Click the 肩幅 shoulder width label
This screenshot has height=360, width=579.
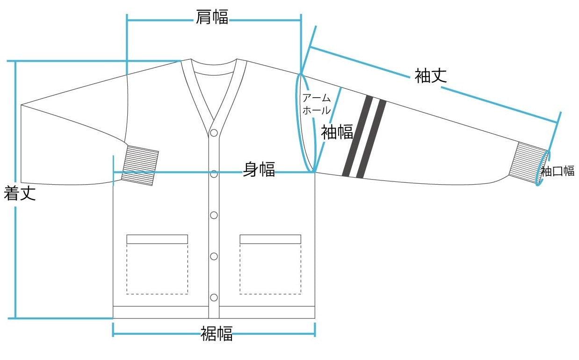(212, 17)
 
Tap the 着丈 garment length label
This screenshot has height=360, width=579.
(20, 193)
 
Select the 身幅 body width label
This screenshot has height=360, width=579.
(259, 169)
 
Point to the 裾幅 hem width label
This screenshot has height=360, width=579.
(217, 333)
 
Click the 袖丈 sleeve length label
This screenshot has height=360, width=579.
(431, 76)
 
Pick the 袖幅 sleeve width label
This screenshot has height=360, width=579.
(337, 132)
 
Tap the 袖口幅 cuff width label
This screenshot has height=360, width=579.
(558, 171)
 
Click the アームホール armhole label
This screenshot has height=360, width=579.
(317, 104)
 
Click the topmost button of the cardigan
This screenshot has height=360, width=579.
(214, 133)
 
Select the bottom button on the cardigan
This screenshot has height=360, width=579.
(214, 297)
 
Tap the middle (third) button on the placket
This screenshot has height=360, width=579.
(214, 215)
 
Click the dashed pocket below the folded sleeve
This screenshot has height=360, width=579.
(157, 264)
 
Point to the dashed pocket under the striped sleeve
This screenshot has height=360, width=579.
(270, 264)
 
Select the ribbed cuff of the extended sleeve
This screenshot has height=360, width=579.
(527, 162)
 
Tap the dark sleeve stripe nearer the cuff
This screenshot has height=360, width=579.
(371, 139)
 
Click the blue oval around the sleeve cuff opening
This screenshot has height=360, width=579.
(536, 168)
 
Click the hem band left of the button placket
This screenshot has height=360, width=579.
(161, 312)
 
